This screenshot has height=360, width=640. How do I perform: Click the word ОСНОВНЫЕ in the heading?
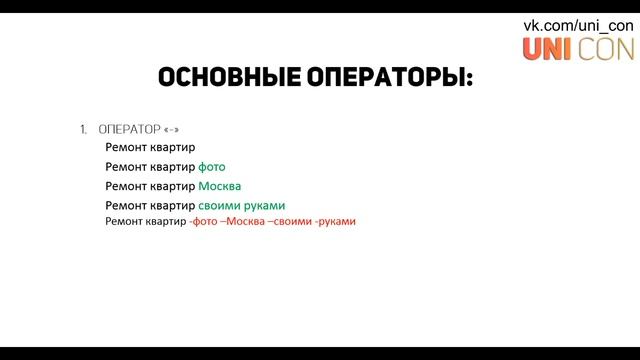coord(222,78)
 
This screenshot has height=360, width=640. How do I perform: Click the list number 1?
coord(83,130)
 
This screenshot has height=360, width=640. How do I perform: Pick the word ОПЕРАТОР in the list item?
coord(129,130)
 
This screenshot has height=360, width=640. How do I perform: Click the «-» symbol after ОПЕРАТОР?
coord(172,130)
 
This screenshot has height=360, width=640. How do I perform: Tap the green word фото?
coord(211,167)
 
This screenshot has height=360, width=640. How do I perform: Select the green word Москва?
coord(220,186)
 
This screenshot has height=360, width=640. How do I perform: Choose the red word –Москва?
coord(244,221)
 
